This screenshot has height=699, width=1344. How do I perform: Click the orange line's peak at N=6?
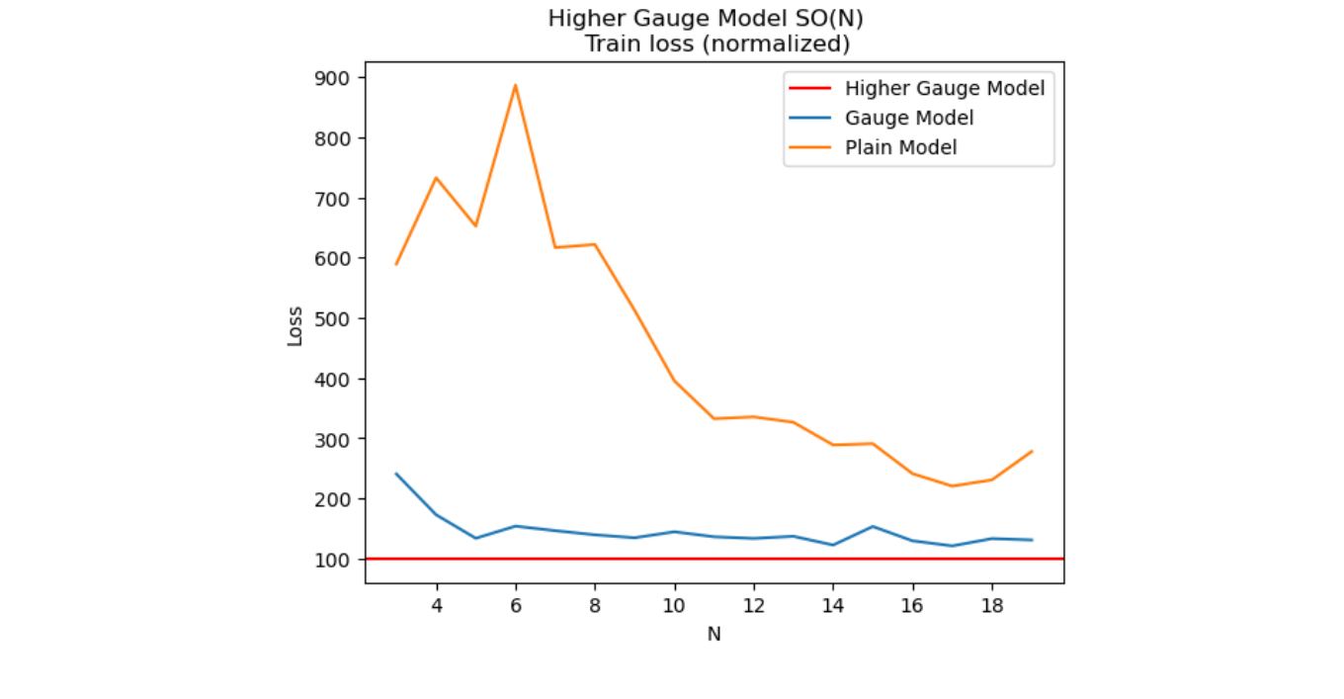[x=515, y=85]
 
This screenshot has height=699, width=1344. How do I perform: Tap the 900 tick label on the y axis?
[x=339, y=78]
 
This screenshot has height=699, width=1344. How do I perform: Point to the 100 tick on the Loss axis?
[x=339, y=560]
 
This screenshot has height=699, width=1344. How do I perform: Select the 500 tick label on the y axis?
[x=339, y=318]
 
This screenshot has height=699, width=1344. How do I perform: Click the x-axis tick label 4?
[x=436, y=605]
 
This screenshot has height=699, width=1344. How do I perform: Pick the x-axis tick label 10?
[x=674, y=605]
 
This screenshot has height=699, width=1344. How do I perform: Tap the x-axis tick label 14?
[x=833, y=605]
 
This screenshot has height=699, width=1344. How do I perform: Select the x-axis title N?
[x=714, y=635]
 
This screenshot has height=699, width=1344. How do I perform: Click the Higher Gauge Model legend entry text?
[x=944, y=88]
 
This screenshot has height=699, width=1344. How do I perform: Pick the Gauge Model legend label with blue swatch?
[x=909, y=118]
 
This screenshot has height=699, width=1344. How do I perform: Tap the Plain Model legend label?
[x=900, y=147]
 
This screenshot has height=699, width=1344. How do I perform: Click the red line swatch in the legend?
[x=809, y=88]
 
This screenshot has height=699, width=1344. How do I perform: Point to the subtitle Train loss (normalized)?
[x=716, y=44]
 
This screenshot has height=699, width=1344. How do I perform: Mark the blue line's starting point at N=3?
[x=396, y=474]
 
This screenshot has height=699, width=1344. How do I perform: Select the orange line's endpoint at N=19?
[x=1032, y=452]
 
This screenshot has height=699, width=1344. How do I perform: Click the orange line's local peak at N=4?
[x=436, y=178]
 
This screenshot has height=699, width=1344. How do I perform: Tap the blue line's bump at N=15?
[x=873, y=526]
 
